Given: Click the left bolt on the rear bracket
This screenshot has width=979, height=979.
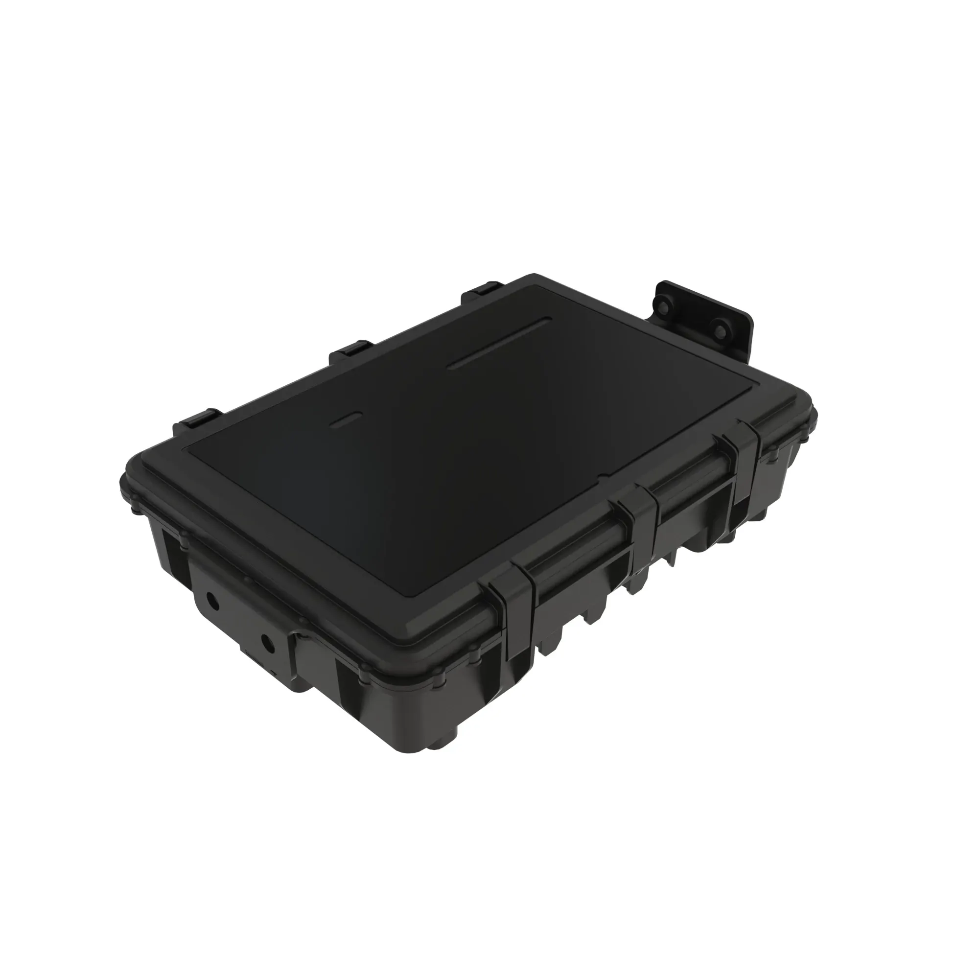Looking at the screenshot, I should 663,306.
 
